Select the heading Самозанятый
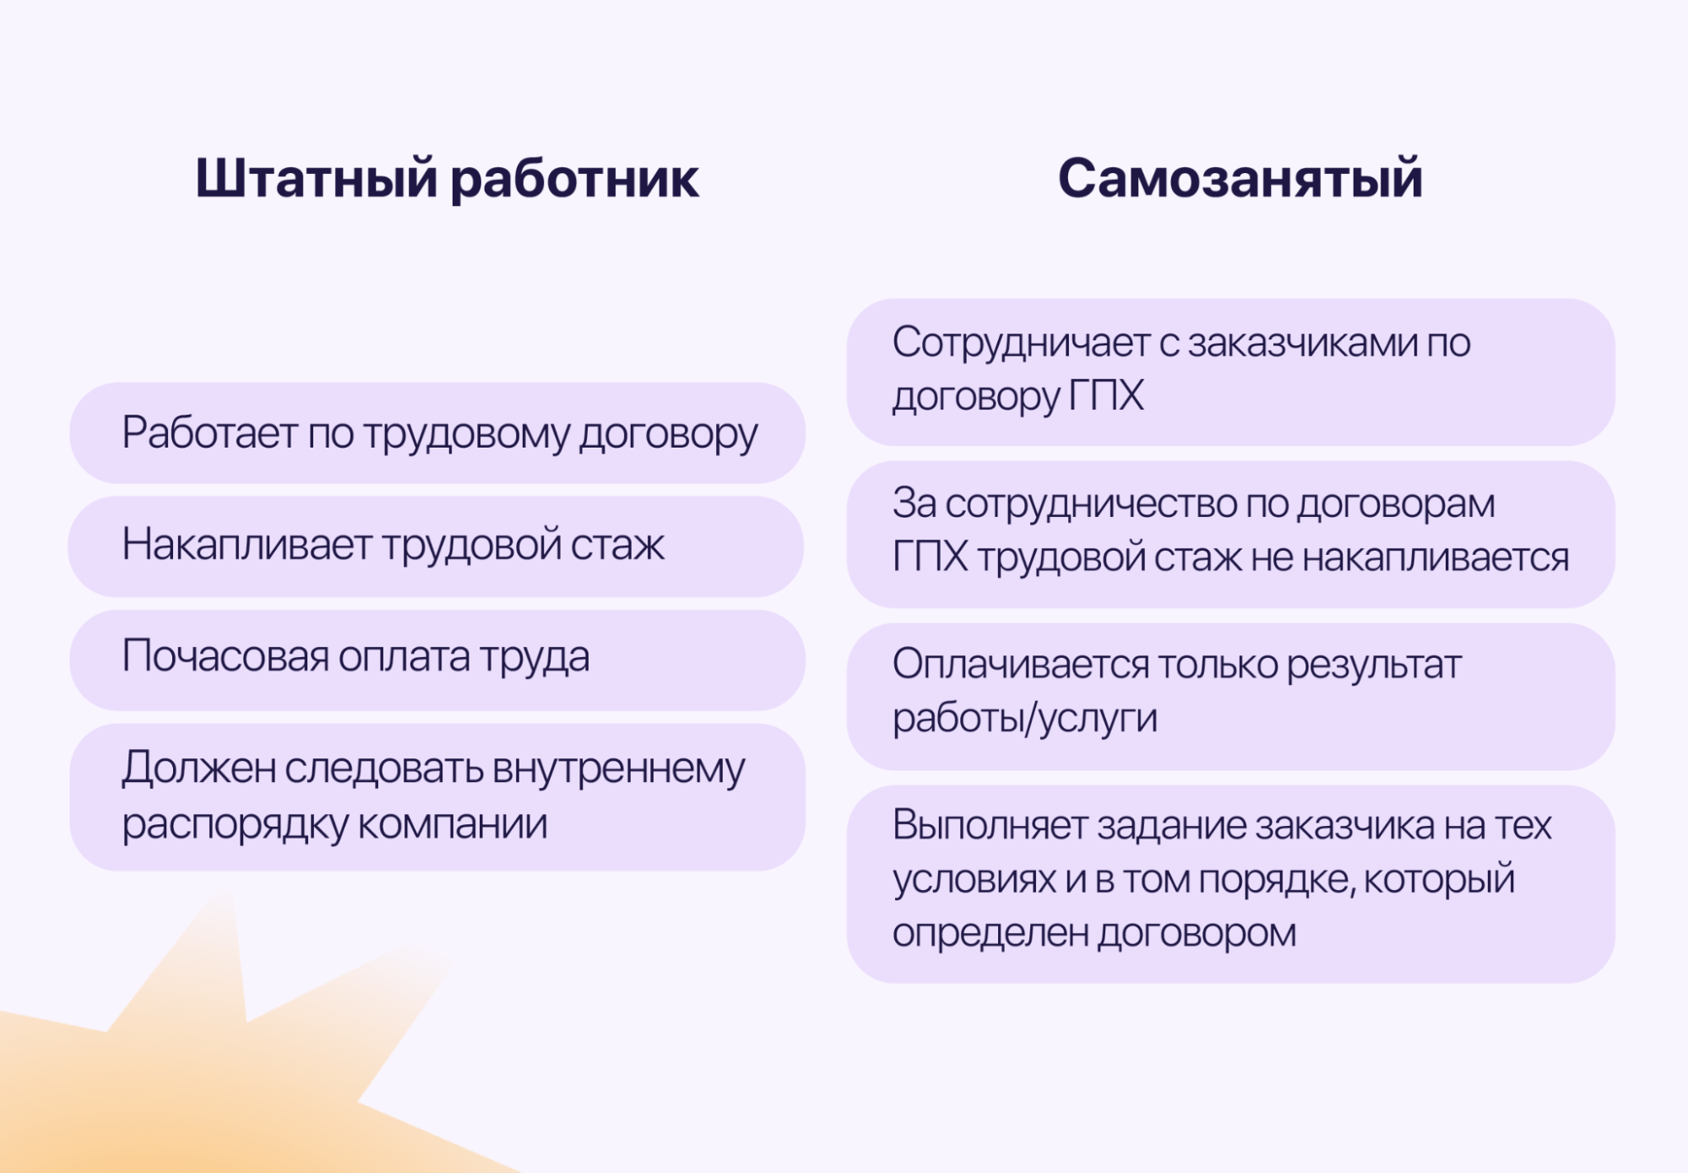pos(1240,179)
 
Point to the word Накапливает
pos(247,544)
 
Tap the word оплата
pos(404,657)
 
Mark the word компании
pos(453,824)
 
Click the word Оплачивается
pos(1021,665)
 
